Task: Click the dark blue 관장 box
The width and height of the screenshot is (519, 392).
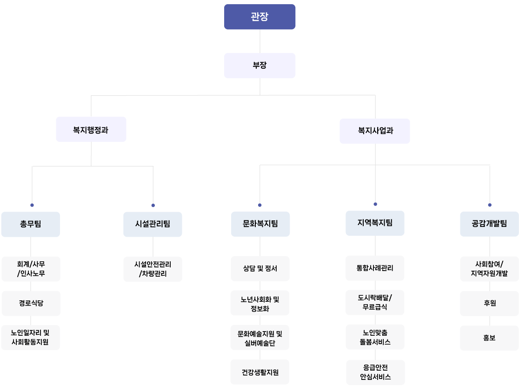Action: [259, 17]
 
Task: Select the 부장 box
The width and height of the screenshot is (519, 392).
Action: [259, 66]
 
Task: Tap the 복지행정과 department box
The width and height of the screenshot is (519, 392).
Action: [91, 130]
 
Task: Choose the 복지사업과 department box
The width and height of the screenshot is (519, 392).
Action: [375, 131]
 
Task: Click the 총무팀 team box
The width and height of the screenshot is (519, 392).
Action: [31, 224]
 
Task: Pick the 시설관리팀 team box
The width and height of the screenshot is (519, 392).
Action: [153, 224]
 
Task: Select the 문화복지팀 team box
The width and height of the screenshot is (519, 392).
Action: [260, 224]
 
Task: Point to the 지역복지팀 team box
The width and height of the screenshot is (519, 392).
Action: [375, 223]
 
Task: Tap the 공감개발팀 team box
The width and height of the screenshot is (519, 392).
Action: [489, 224]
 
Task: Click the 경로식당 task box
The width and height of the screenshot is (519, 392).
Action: [31, 303]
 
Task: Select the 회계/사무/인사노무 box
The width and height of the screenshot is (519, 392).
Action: [31, 269]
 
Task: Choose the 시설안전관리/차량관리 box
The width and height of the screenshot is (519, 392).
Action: [153, 269]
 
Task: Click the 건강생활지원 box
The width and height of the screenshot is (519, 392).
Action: [260, 372]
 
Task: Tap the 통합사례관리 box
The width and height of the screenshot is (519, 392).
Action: [375, 268]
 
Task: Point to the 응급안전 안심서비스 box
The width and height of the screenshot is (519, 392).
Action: [375, 372]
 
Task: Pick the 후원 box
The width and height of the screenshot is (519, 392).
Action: [489, 303]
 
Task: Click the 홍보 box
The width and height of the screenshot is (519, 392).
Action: [489, 338]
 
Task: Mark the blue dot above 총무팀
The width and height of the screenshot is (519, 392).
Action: [32, 205]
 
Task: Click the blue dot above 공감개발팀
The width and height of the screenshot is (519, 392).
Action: [490, 205]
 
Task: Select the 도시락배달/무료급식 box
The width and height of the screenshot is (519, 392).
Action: [375, 302]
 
